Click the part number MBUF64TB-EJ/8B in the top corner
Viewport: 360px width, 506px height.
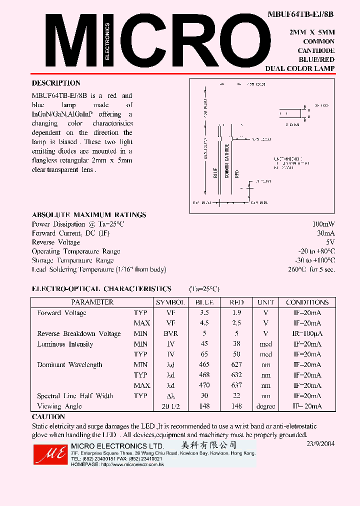pyautogui.click(x=300, y=14)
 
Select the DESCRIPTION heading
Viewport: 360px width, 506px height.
pyautogui.click(x=56, y=83)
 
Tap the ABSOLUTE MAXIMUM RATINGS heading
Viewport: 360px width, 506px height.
pyautogui.click(x=89, y=215)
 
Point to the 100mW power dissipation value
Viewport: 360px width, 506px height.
pyautogui.click(x=323, y=224)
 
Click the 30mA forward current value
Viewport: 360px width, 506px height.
pyautogui.click(x=325, y=233)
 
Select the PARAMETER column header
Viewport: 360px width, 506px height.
pyautogui.click(x=92, y=302)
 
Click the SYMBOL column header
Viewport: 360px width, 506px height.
pyautogui.click(x=170, y=302)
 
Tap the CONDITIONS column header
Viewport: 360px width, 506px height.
pyautogui.click(x=307, y=302)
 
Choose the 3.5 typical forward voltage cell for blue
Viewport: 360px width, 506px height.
pyautogui.click(x=204, y=313)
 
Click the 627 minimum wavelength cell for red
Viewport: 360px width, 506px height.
pyautogui.click(x=236, y=365)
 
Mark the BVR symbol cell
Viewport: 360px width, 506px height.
pyautogui.click(x=170, y=333)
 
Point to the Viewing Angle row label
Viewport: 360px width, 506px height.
pyautogui.click(x=59, y=406)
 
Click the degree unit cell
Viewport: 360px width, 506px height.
pyautogui.click(x=265, y=406)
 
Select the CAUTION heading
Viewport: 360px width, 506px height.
pyautogui.click(x=48, y=417)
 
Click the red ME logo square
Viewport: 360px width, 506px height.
pyautogui.click(x=49, y=453)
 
